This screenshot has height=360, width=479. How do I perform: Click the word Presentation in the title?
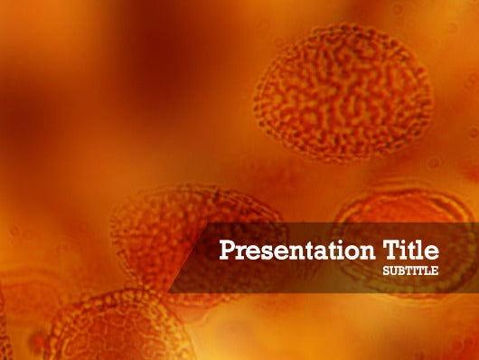pyautogui.click(x=298, y=250)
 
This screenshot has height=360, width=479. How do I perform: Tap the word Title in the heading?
pyautogui.click(x=411, y=249)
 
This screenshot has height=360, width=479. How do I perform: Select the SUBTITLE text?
pyautogui.click(x=411, y=270)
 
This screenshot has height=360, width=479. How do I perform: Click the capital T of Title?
pyautogui.click(x=390, y=249)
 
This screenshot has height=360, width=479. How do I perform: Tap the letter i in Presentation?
pyautogui.click(x=337, y=249)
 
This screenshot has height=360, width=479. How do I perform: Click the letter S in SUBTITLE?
pyautogui.click(x=387, y=270)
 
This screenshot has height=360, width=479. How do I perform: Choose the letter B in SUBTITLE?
pyautogui.click(x=401, y=270)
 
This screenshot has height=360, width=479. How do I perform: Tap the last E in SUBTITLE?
pyautogui.click(x=436, y=270)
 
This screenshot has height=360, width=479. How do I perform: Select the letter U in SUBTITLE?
pyautogui.click(x=394, y=270)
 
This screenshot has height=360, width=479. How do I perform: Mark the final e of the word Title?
pyautogui.click(x=433, y=251)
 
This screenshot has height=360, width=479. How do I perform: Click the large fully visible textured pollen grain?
pyautogui.click(x=343, y=92)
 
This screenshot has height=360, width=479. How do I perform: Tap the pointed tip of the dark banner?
pyautogui.click(x=170, y=291)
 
